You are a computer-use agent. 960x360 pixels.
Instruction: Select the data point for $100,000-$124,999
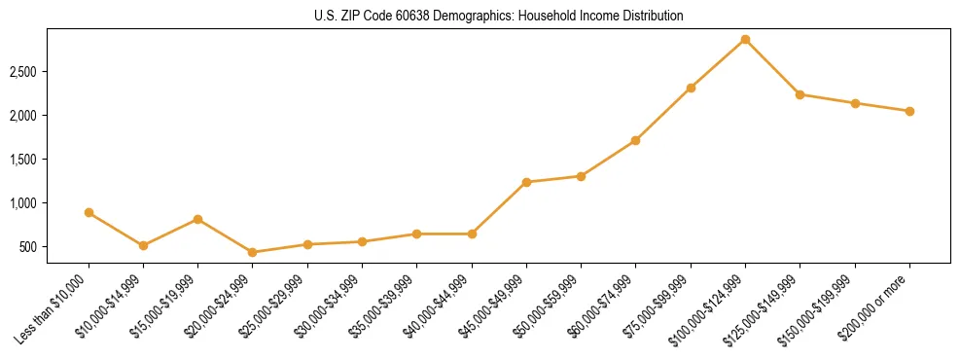745,39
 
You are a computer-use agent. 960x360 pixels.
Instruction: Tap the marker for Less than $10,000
89,212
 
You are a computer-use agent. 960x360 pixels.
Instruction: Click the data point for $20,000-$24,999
253,252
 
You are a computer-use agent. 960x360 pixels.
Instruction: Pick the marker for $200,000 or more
909,111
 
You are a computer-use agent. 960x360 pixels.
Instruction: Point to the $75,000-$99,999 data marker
691,88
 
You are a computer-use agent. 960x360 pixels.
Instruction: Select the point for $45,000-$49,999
526,182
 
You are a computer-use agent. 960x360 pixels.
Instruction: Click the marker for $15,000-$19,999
198,219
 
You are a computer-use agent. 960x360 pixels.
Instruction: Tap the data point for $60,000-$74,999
635,140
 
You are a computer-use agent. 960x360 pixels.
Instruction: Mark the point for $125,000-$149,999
800,94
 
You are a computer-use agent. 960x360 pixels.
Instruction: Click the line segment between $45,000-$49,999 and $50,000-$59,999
553,179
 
